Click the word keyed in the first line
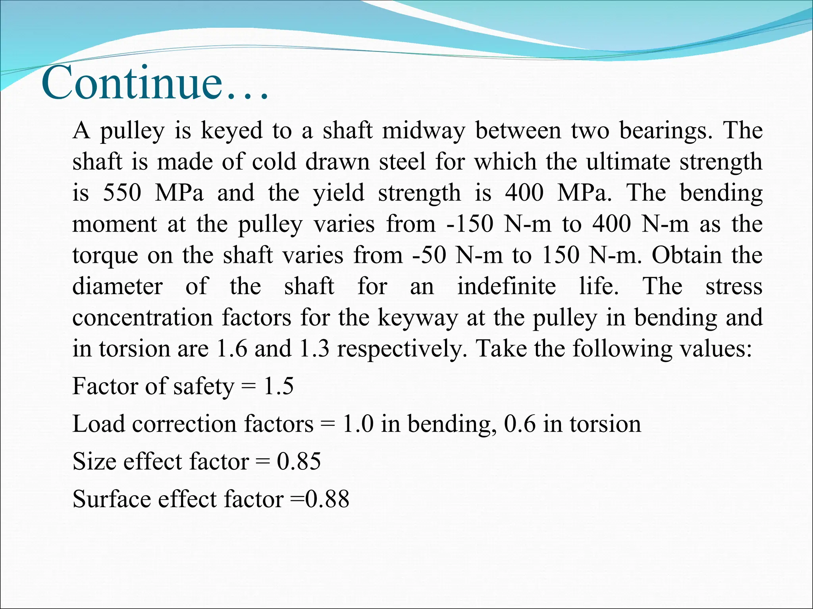[x=231, y=130]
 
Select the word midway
[x=423, y=130]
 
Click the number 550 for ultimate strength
[x=122, y=193]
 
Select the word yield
[x=338, y=193]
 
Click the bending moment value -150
[x=470, y=224]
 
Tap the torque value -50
[x=429, y=255]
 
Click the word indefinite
[x=506, y=286]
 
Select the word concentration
[x=143, y=317]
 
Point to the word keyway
[x=417, y=317]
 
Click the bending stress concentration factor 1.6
[x=232, y=349]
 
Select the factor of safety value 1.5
[x=279, y=386]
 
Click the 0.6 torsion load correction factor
[x=520, y=423]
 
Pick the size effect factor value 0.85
[x=299, y=461]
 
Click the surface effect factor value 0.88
[x=327, y=498]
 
